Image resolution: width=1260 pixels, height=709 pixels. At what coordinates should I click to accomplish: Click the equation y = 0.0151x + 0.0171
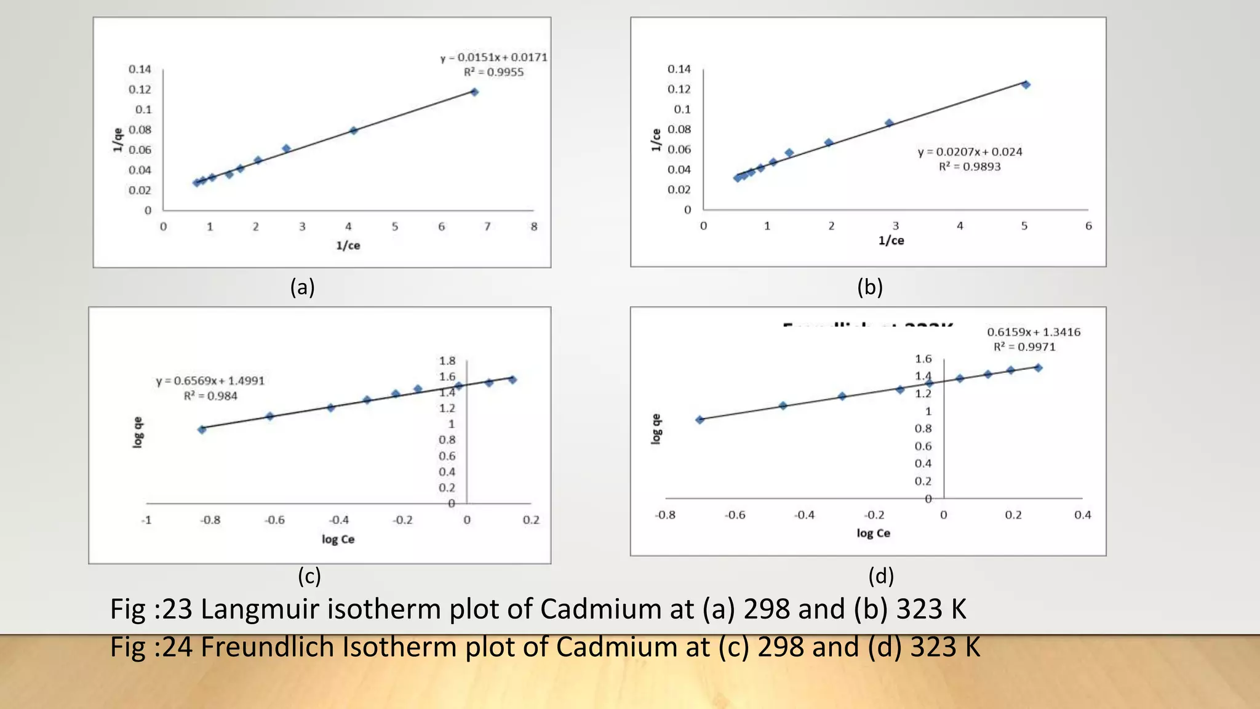[493, 57]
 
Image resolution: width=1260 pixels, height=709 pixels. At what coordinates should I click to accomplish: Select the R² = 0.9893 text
[970, 167]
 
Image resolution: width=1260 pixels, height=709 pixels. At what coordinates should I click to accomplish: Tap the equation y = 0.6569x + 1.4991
[210, 381]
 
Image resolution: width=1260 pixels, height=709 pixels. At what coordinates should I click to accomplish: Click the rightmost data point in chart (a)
[474, 92]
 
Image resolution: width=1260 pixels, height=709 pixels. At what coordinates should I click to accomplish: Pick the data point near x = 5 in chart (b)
[1026, 85]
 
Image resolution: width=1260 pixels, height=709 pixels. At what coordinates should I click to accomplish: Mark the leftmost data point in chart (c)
[202, 430]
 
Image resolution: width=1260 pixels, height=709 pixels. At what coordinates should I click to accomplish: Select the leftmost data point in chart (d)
[700, 420]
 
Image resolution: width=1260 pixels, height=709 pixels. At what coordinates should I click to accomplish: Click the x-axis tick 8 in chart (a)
[534, 226]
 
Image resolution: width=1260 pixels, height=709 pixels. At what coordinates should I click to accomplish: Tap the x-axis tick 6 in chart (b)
[1088, 226]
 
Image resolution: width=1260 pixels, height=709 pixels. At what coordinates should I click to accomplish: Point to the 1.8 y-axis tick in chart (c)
[447, 361]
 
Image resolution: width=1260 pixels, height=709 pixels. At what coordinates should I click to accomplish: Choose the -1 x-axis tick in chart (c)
[146, 520]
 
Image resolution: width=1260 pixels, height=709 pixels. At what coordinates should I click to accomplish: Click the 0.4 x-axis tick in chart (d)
[1082, 515]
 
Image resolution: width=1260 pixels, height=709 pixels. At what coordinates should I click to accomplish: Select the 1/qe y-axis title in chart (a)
[118, 140]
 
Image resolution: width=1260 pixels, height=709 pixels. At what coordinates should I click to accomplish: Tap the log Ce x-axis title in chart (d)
[873, 533]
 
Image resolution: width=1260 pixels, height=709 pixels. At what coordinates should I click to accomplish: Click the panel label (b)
[870, 287]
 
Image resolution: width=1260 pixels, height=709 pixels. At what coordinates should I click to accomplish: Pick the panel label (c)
[309, 576]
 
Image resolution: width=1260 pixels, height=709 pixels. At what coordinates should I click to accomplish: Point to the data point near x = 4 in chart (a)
[354, 130]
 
